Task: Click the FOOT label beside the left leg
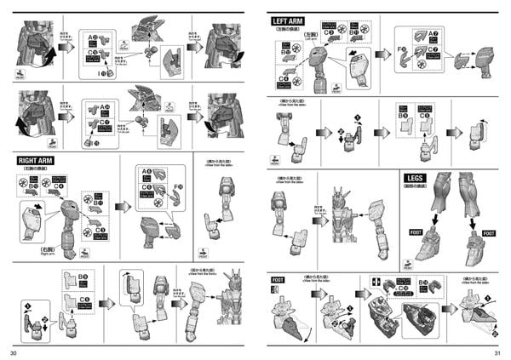coord(416,232)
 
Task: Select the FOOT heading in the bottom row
coord(278,279)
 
